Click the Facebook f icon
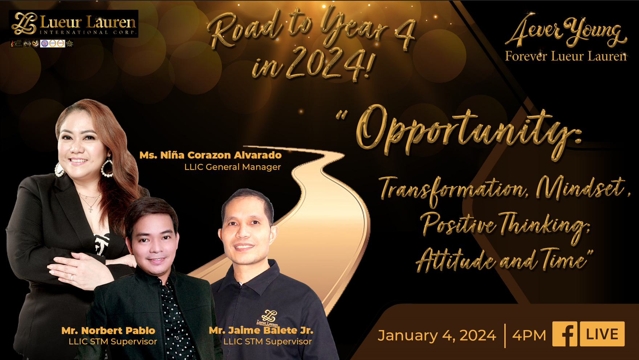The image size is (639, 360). click(x=565, y=334)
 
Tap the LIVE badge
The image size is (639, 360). click(x=602, y=334)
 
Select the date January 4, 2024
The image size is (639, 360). click(x=437, y=335)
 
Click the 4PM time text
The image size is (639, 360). click(x=529, y=335)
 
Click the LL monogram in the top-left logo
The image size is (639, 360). click(x=24, y=24)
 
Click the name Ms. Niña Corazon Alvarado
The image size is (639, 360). click(x=211, y=155)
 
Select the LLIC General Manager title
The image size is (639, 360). click(x=232, y=167)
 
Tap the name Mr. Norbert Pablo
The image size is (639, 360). click(x=108, y=331)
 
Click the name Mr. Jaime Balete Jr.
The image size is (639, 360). click(x=261, y=330)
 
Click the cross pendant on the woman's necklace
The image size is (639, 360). click(x=90, y=209)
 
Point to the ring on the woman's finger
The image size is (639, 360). click(x=72, y=278)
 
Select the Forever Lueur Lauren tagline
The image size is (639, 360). click(x=565, y=56)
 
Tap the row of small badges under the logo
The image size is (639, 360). click(x=42, y=44)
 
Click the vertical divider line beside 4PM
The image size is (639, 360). click(x=505, y=335)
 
